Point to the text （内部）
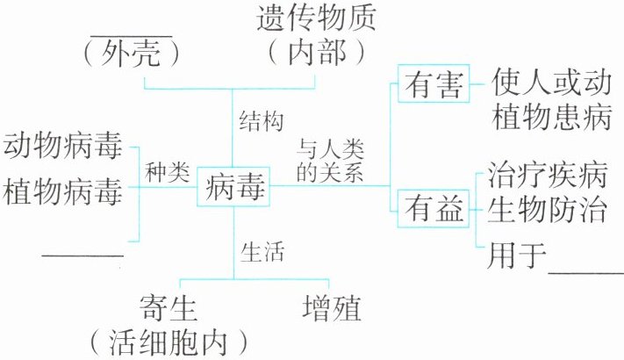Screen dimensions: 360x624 coord(315,53)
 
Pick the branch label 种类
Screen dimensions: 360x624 coord(168,172)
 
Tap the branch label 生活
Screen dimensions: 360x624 coord(261,252)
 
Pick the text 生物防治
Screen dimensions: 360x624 coord(543,213)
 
